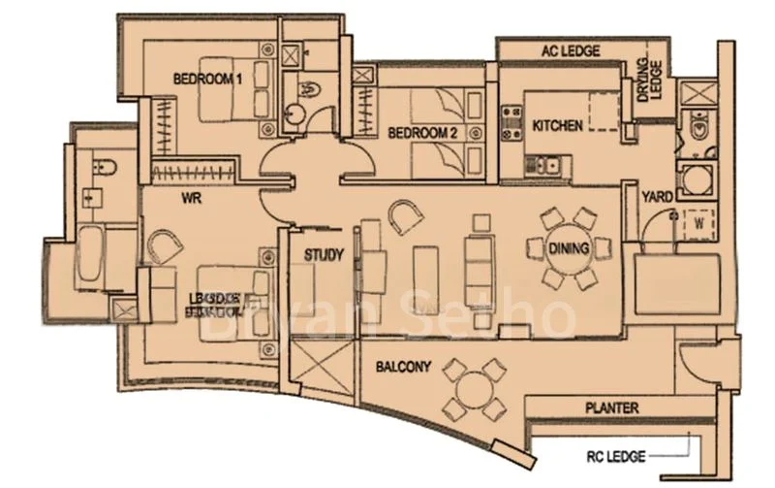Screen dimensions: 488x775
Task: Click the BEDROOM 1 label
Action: pos(206,80)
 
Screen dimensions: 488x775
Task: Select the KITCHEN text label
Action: pos(557,126)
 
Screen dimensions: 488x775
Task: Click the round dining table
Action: pos(569,248)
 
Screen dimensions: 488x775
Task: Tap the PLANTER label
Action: pos(611,408)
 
